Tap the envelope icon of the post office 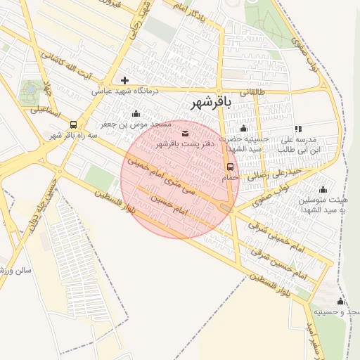tap(185, 133)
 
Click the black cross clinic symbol tap(124, 81)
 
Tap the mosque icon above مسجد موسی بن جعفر tap(136, 113)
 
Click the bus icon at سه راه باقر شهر tap(73, 124)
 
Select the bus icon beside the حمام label tap(231, 167)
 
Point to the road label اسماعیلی tap(46, 113)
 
